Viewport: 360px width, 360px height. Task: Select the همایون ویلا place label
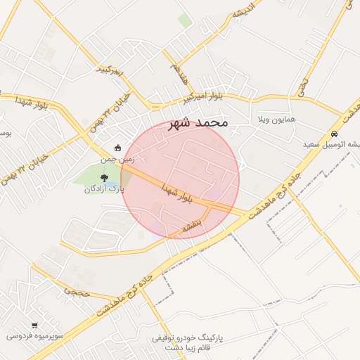coord(276,119)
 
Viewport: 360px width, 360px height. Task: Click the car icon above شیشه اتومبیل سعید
coord(335,134)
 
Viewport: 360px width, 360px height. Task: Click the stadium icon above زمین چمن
coord(117,148)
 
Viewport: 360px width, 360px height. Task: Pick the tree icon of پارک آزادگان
coord(104,178)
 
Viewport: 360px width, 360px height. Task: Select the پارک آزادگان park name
coord(104,189)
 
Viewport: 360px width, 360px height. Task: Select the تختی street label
coord(303,86)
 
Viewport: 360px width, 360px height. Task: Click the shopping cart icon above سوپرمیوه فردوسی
coord(34,326)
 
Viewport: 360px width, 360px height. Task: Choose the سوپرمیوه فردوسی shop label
coord(35,336)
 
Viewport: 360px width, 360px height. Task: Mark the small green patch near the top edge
coord(184,20)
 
